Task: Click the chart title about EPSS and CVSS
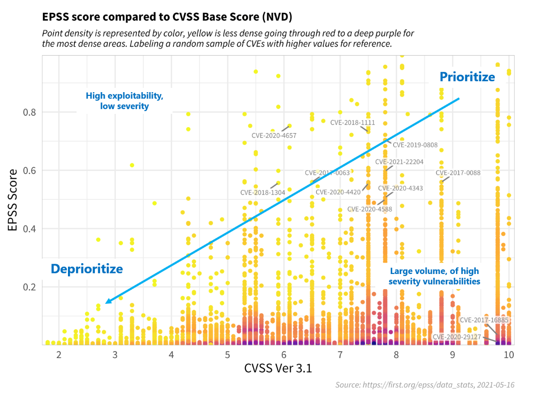pos(167,17)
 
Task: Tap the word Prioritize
pos(467,77)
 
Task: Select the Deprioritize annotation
pos(87,269)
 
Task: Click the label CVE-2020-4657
pos(274,136)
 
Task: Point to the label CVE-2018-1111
pos(352,122)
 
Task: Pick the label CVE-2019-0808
pos(415,145)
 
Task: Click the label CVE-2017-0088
pos(458,173)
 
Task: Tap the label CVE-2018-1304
pos(262,193)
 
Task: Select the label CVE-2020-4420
pos(338,192)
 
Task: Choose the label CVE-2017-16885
pos(484,320)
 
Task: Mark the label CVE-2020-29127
pos(456,337)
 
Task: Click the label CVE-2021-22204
pos(399,162)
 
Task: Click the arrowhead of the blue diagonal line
pos(108,301)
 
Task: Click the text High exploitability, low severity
pos(125,101)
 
